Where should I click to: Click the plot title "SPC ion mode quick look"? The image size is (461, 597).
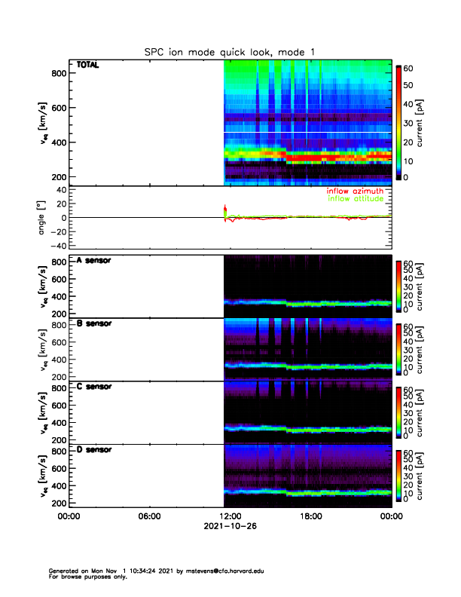(x=230, y=52)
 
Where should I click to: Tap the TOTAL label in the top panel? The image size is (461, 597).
(x=88, y=66)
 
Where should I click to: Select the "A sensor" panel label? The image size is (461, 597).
(x=94, y=261)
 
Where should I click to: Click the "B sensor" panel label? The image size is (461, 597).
(x=94, y=324)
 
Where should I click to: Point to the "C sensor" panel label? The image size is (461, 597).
(x=94, y=387)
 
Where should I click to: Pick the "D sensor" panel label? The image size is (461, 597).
(x=94, y=450)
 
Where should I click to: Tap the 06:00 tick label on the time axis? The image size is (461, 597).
(x=149, y=516)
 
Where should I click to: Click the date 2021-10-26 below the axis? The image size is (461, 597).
(x=230, y=527)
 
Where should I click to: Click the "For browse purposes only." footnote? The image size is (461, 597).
(x=84, y=577)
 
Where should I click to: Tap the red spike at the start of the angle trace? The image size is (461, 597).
(x=225, y=210)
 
